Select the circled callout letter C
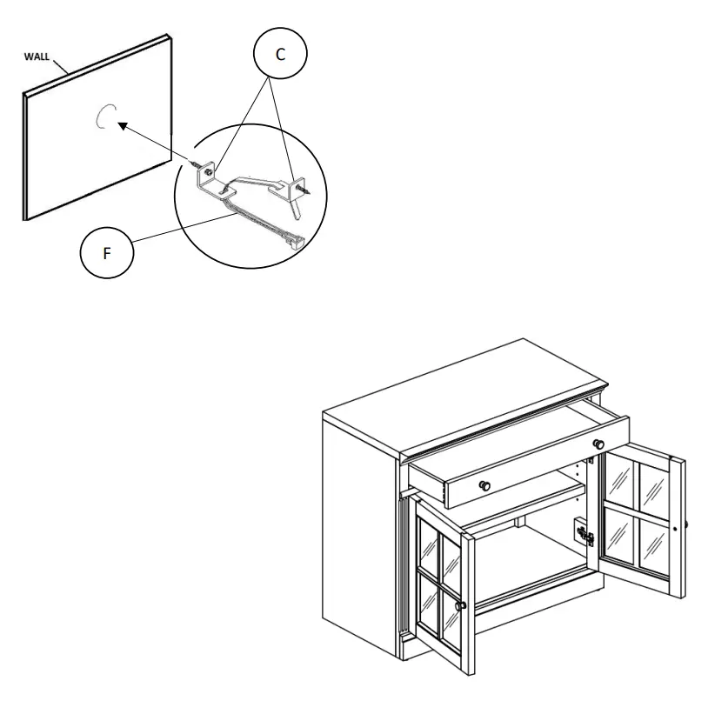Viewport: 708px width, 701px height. coord(279,54)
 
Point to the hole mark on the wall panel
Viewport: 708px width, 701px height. coord(105,117)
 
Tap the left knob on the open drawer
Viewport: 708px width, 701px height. coord(485,483)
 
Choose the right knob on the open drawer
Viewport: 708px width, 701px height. coord(598,444)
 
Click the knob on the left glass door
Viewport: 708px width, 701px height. coord(462,605)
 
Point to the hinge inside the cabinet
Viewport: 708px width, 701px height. coord(583,533)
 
